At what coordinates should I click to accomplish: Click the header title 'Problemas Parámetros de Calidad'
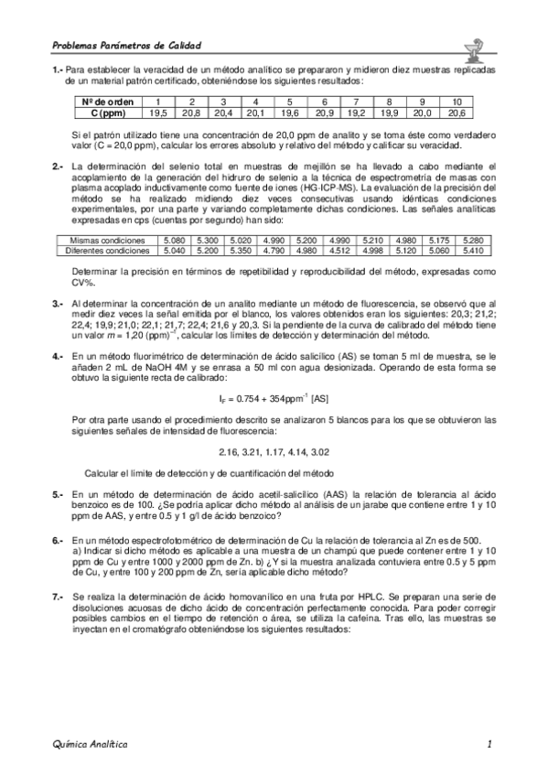126,45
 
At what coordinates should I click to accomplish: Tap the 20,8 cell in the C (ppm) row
191,113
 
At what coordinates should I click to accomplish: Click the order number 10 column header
457,101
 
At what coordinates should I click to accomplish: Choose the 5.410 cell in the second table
475,249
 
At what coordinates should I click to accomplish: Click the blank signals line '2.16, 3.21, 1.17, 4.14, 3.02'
274,452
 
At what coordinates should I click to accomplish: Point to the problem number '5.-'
57,494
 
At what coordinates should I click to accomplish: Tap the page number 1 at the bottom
490,745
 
